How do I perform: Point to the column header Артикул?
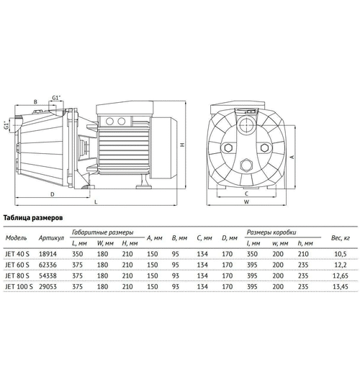pyautogui.click(x=53, y=237)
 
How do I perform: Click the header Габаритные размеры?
pyautogui.click(x=107, y=232)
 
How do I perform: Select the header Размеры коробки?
pyautogui.click(x=271, y=232)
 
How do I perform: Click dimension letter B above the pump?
pyautogui.click(x=35, y=102)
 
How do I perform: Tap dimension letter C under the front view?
pyautogui.click(x=246, y=193)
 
